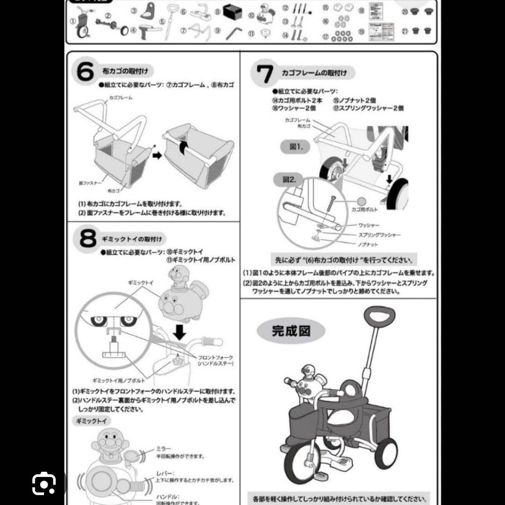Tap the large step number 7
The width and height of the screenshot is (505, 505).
[265, 73]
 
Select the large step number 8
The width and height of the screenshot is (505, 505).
[87, 239]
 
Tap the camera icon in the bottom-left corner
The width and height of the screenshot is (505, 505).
[43, 483]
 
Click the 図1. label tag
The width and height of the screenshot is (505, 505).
[294, 147]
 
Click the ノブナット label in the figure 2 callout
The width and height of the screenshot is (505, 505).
[368, 245]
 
